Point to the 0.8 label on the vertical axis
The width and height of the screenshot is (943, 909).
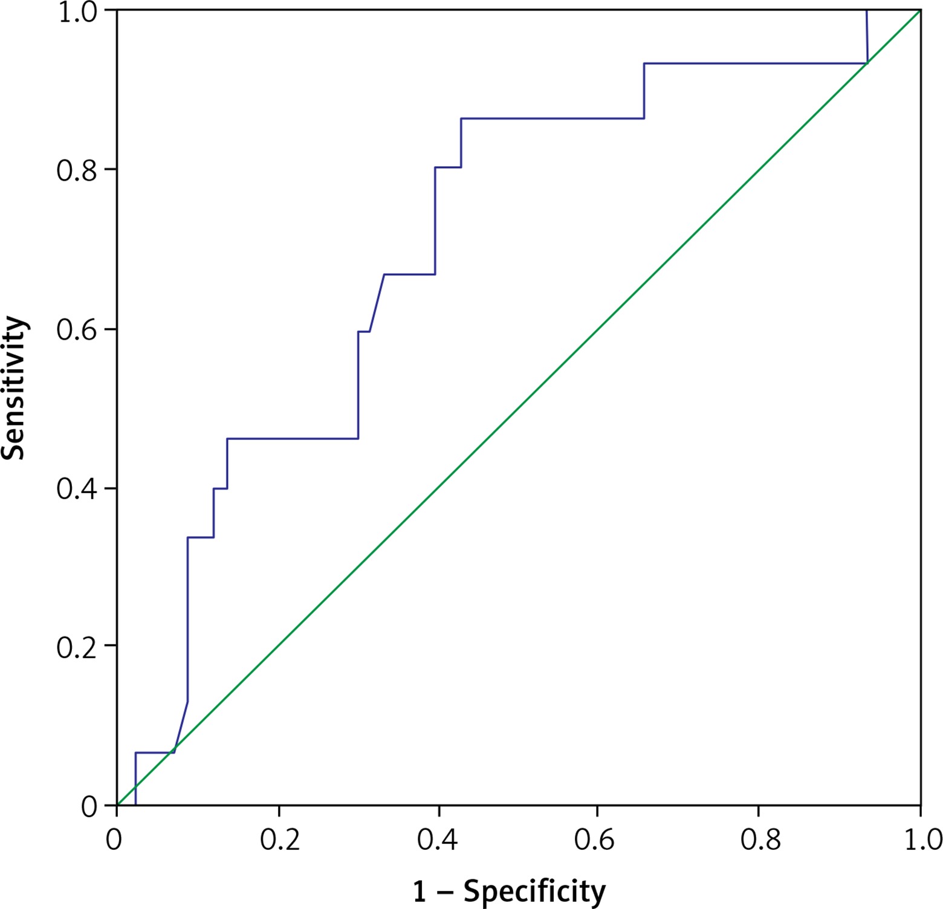click(x=77, y=171)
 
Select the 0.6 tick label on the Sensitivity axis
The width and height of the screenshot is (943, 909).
click(x=77, y=331)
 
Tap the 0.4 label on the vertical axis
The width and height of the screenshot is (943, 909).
click(x=77, y=489)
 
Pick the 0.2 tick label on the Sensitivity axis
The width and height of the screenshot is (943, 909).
click(x=77, y=647)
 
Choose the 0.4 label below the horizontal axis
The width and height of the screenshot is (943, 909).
click(x=438, y=840)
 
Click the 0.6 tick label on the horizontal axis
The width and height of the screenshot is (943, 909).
click(x=595, y=840)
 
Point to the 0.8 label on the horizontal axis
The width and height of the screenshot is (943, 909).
click(x=760, y=840)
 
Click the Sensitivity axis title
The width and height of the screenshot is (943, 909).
click(x=13, y=388)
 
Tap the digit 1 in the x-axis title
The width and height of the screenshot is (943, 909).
click(x=420, y=891)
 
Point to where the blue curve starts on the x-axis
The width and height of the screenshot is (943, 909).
click(x=135, y=805)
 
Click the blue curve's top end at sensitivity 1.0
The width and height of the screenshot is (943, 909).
click(x=866, y=11)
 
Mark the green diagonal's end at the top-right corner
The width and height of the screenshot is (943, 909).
click(x=920, y=10)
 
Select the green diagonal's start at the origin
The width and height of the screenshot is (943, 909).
click(x=117, y=805)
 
